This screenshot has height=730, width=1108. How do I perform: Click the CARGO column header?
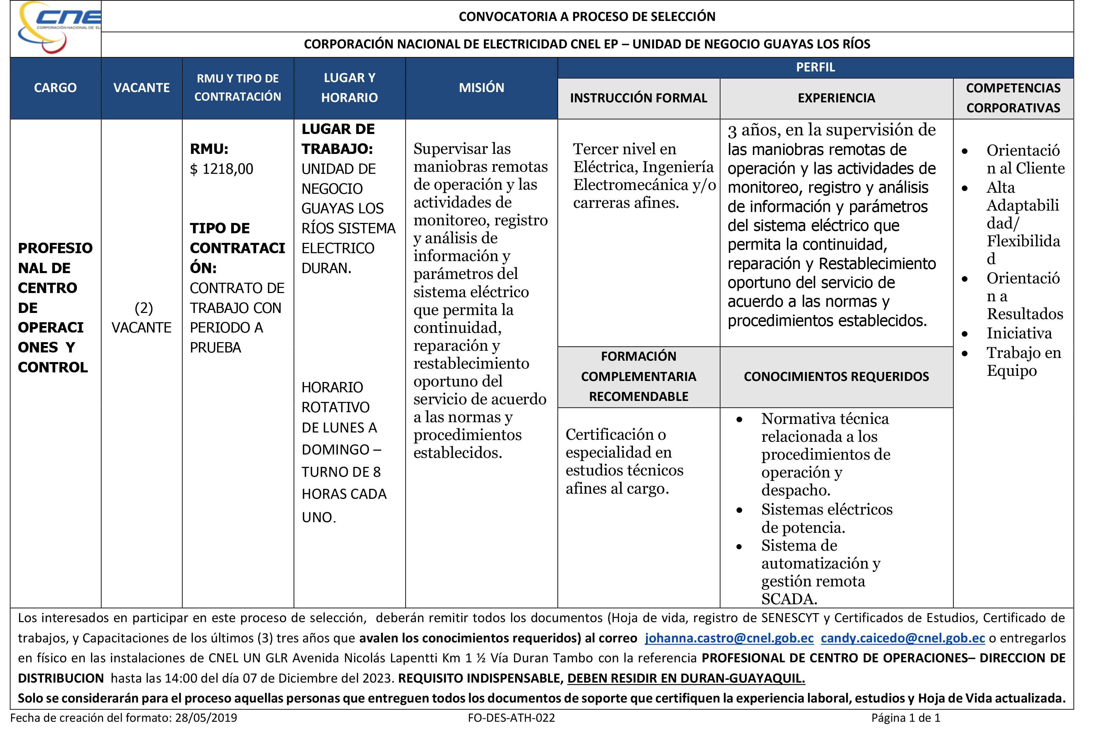55,88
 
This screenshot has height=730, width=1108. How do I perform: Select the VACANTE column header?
142,88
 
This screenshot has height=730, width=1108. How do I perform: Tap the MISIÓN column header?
482,88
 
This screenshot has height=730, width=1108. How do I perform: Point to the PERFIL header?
815,67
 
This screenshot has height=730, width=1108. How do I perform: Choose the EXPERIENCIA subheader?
836,98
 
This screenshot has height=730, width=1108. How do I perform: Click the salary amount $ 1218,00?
222,169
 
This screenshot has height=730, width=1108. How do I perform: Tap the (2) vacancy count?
143,308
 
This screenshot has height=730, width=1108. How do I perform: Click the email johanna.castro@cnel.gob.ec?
729,638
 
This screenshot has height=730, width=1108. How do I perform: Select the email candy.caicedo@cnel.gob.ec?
902,638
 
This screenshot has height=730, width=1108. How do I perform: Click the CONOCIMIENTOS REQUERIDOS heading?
836,377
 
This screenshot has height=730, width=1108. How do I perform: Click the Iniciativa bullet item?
1019,333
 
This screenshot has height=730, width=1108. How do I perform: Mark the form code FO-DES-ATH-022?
511,718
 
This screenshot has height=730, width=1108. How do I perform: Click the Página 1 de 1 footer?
905,718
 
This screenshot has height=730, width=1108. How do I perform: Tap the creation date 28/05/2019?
206,718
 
